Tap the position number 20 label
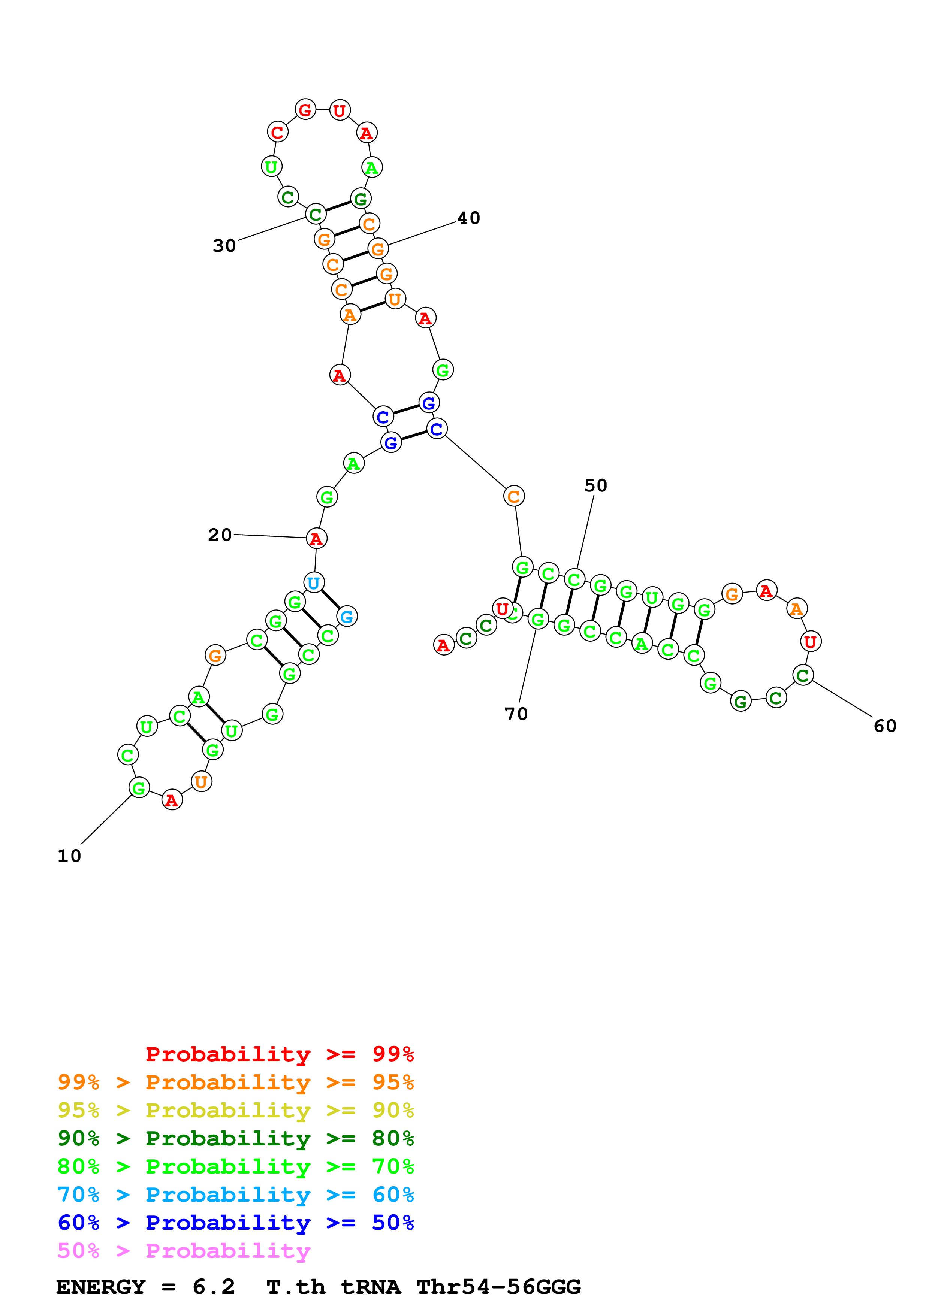point(220,535)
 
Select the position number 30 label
point(224,246)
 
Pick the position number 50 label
point(595,485)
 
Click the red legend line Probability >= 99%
point(279,1054)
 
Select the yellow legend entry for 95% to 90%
point(235,1110)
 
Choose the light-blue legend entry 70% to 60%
point(235,1195)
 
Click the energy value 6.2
point(214,1287)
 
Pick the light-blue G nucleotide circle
point(347,617)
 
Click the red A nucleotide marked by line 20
point(316,539)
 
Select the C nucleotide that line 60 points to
point(803,675)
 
